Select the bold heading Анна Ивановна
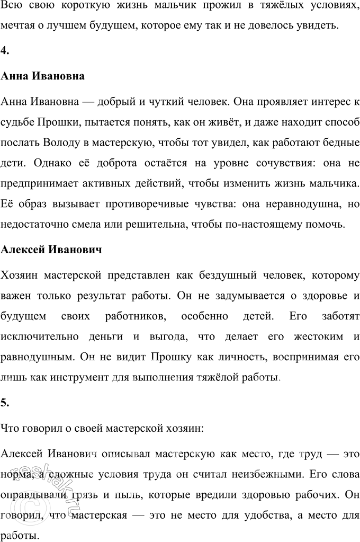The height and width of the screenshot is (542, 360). [43, 76]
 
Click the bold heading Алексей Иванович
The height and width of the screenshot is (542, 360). [51, 248]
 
